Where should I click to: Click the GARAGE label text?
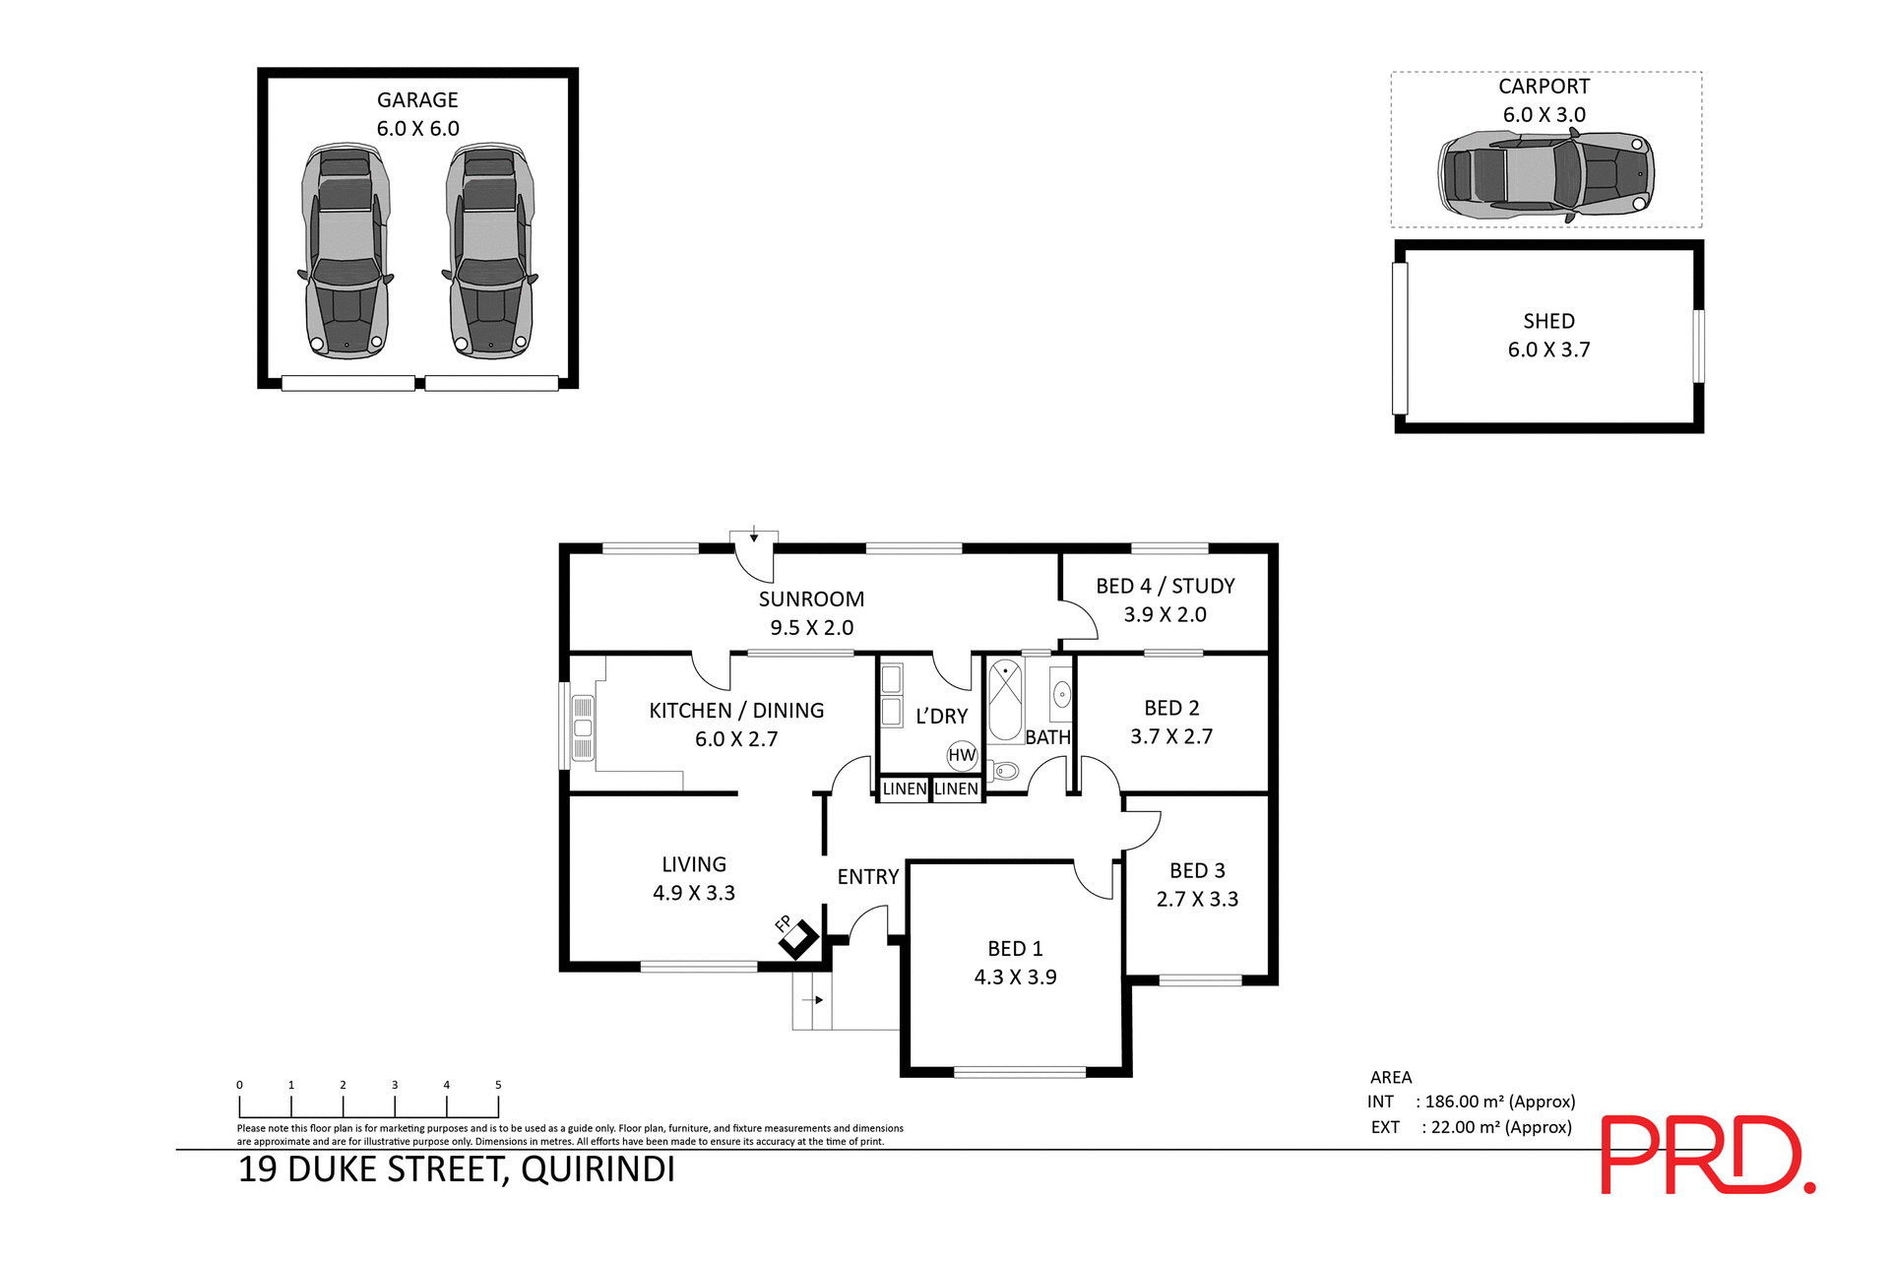[x=417, y=99]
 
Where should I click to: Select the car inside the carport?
[x=1545, y=177]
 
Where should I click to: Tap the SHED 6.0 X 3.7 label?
[x=1548, y=336]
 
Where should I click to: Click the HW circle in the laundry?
[x=961, y=755]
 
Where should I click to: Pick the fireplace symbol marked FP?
[x=798, y=939]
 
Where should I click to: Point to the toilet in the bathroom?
[x=1005, y=770]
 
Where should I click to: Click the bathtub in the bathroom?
[x=1005, y=701]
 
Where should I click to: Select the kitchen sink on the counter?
[x=583, y=727]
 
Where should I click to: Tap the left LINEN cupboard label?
[x=904, y=789]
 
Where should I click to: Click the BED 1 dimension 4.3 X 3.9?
[x=1015, y=977]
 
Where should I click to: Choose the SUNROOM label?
[x=811, y=599]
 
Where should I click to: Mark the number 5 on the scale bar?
[x=498, y=1085]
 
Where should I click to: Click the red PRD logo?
[x=1707, y=1155]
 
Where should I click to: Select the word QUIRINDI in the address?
[x=598, y=1169]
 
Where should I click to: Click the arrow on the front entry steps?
[x=813, y=1000]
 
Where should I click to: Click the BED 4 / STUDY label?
[x=1165, y=586]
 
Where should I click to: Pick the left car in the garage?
[x=346, y=251]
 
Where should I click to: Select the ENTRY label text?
[x=867, y=876]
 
